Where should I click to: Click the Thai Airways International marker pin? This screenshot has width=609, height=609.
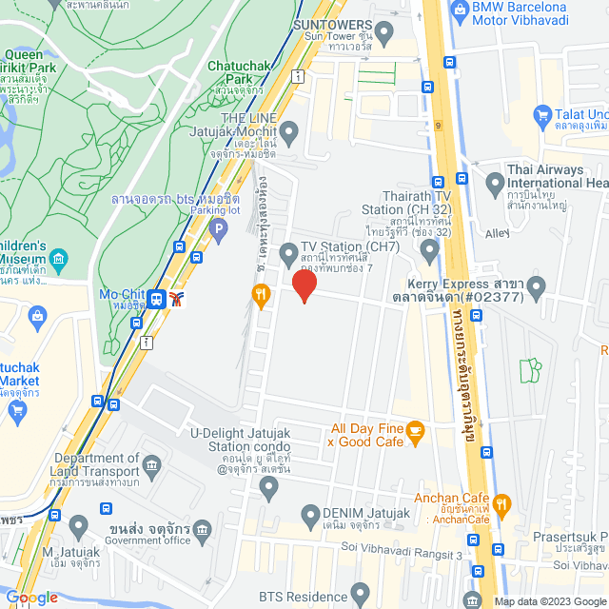[494, 182]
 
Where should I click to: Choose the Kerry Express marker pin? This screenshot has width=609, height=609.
[537, 285]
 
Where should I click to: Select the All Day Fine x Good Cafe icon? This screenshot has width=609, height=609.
[414, 433]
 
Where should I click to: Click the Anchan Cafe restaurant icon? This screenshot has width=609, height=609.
[503, 503]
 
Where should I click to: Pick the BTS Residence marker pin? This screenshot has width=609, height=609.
[360, 596]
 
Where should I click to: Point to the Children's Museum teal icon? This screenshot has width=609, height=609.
[59, 258]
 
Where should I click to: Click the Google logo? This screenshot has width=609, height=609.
[31, 598]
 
